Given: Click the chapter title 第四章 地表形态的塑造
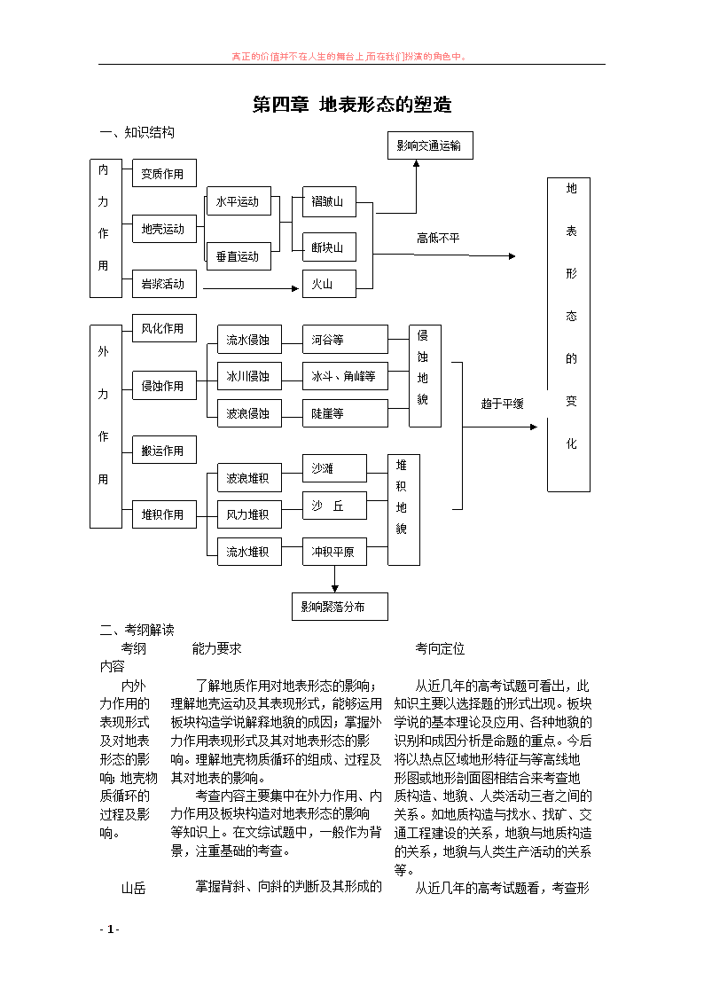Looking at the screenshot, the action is [352, 104].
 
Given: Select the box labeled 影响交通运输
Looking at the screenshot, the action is [430, 145].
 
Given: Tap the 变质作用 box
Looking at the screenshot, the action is [164, 174].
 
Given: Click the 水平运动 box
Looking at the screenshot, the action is [239, 201].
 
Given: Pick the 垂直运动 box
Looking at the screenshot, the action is [239, 256].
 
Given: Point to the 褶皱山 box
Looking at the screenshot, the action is [330, 201].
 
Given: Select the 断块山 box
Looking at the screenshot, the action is [330, 247].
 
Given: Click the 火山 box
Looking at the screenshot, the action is [330, 284].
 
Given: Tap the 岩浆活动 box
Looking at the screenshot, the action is [164, 284].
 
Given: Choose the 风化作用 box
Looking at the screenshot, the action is [164, 328].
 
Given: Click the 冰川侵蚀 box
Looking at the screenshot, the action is [249, 376].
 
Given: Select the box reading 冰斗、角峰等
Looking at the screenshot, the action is [345, 376].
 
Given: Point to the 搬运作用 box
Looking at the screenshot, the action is [164, 451].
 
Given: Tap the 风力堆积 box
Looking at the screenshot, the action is [249, 514].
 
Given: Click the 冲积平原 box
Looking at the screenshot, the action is [334, 552].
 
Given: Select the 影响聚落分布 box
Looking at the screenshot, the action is [340, 607].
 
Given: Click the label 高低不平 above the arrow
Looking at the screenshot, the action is [438, 239].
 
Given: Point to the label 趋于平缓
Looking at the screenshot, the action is [502, 404].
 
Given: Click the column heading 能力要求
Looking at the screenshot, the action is [216, 648].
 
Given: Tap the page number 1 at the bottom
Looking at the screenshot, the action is [110, 929].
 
